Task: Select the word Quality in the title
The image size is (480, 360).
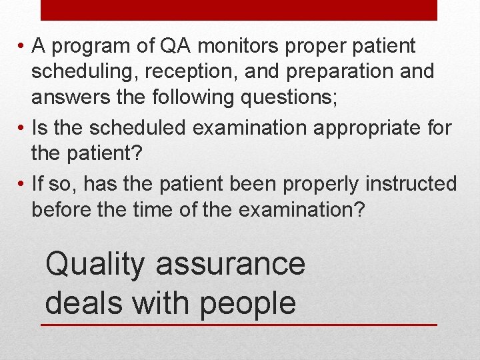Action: (94, 265)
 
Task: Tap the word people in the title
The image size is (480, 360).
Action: (247, 303)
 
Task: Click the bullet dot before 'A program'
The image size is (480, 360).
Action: (22, 47)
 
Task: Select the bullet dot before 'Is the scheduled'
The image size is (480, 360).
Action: (22, 127)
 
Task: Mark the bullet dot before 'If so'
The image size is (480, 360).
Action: (22, 183)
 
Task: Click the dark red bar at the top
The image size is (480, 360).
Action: (239, 10)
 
